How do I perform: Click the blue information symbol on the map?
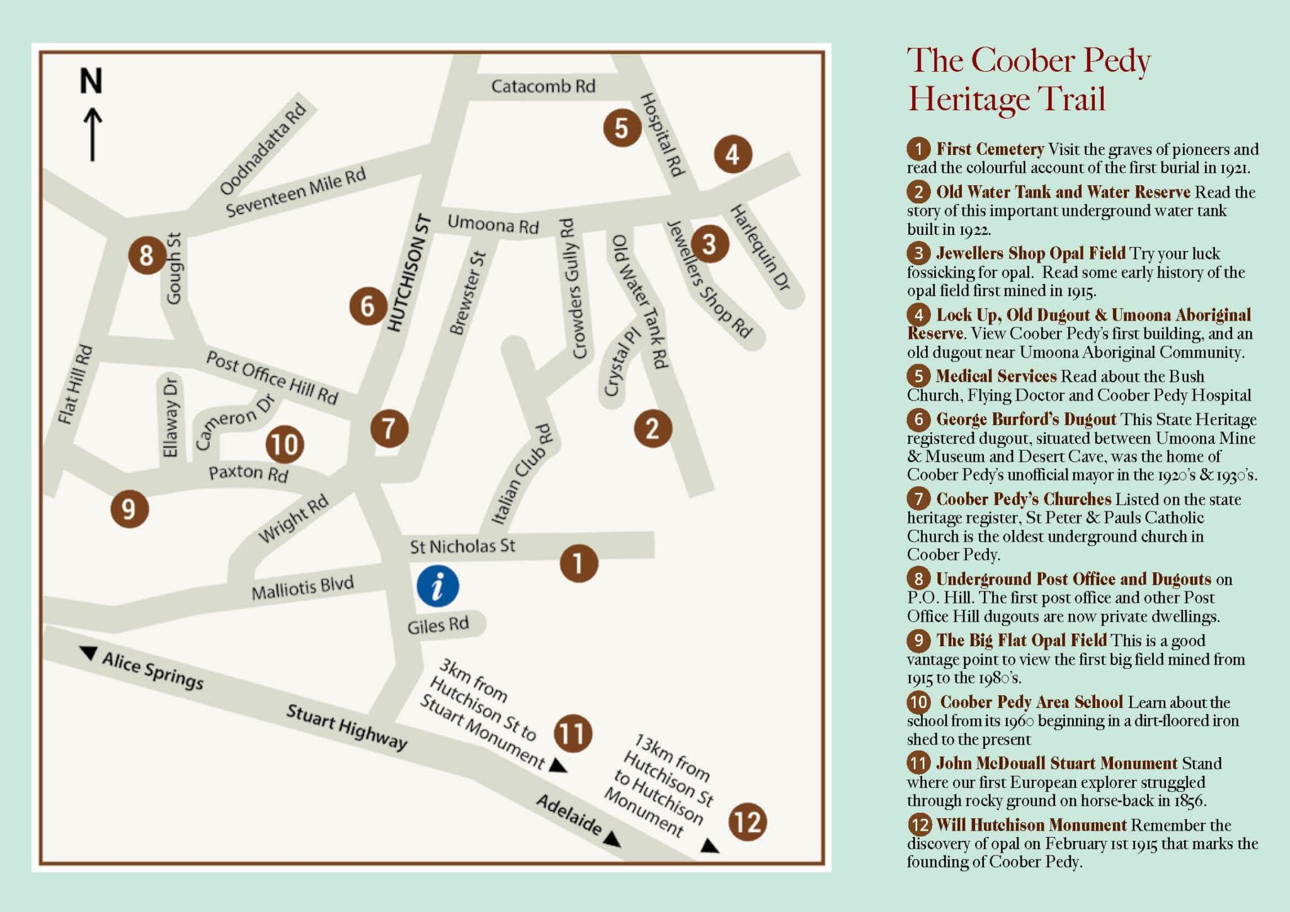click(x=437, y=586)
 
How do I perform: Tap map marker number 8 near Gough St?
click(x=147, y=255)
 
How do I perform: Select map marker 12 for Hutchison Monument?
click(x=748, y=822)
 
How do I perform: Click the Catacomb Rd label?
click(x=543, y=86)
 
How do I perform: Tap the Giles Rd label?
click(x=438, y=625)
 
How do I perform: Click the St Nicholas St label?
click(x=462, y=546)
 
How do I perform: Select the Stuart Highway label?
click(x=346, y=727)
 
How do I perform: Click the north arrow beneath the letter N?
click(x=93, y=134)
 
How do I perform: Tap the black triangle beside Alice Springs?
click(x=89, y=653)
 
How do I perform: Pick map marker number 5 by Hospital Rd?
click(x=622, y=128)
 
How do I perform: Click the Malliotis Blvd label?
click(x=302, y=588)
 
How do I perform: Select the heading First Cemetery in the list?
click(x=990, y=149)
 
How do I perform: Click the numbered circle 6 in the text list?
click(x=918, y=419)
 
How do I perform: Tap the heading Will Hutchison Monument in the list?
click(x=1031, y=825)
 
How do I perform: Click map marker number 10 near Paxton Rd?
click(x=285, y=445)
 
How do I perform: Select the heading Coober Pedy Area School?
click(x=1031, y=702)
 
